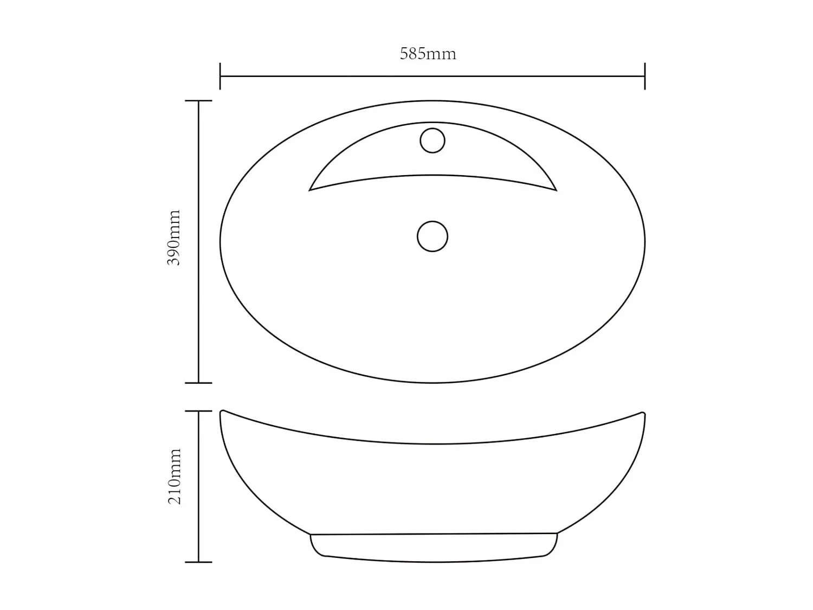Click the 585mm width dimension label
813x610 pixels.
pyautogui.click(x=428, y=54)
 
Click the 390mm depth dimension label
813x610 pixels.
pyautogui.click(x=173, y=237)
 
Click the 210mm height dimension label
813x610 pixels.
pyautogui.click(x=174, y=477)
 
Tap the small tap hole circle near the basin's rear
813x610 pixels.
pyautogui.click(x=433, y=140)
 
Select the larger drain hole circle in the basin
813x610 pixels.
pyautogui.click(x=433, y=236)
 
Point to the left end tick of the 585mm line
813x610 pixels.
pyautogui.click(x=220, y=76)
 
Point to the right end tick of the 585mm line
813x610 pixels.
pyautogui.click(x=644, y=76)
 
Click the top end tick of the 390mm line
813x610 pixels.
pyautogui.click(x=198, y=101)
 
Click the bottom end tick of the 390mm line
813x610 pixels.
pyautogui.click(x=198, y=383)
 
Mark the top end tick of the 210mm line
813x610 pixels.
pyautogui.click(x=198, y=411)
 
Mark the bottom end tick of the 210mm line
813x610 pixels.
pyautogui.click(x=198, y=562)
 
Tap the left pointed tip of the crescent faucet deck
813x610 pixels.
pyautogui.click(x=309, y=190)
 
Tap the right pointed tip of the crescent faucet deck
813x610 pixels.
pyautogui.click(x=556, y=190)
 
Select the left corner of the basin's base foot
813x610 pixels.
pyautogui.click(x=311, y=535)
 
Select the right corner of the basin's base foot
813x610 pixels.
pyautogui.click(x=557, y=534)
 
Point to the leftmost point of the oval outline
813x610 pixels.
pyautogui.click(x=220, y=242)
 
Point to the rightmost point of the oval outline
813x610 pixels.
pyautogui.click(x=645, y=242)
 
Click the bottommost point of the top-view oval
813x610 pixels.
pyautogui.click(x=433, y=383)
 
